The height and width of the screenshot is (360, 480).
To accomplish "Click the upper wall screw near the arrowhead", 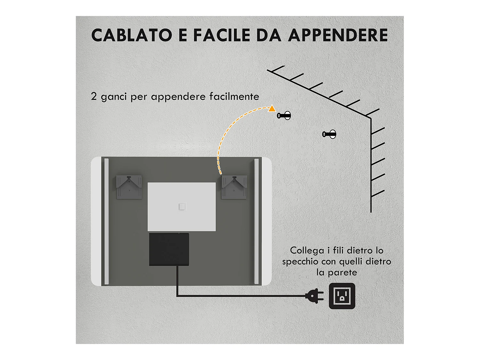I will coord(284,116).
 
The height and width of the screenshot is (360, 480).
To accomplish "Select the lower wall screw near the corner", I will coord(330,134).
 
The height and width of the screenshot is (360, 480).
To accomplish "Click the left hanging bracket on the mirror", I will coord(129,187).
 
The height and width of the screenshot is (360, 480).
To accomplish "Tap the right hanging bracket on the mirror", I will coord(234,187).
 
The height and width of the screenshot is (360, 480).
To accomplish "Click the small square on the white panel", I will coord(182,207).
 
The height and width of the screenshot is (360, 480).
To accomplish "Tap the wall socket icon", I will coord(342,296).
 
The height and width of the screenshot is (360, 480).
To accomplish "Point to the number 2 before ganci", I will coord(94,96).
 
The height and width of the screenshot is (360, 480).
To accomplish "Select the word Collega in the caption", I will coord(307,251).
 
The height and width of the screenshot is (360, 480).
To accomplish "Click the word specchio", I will coord(300,262).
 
